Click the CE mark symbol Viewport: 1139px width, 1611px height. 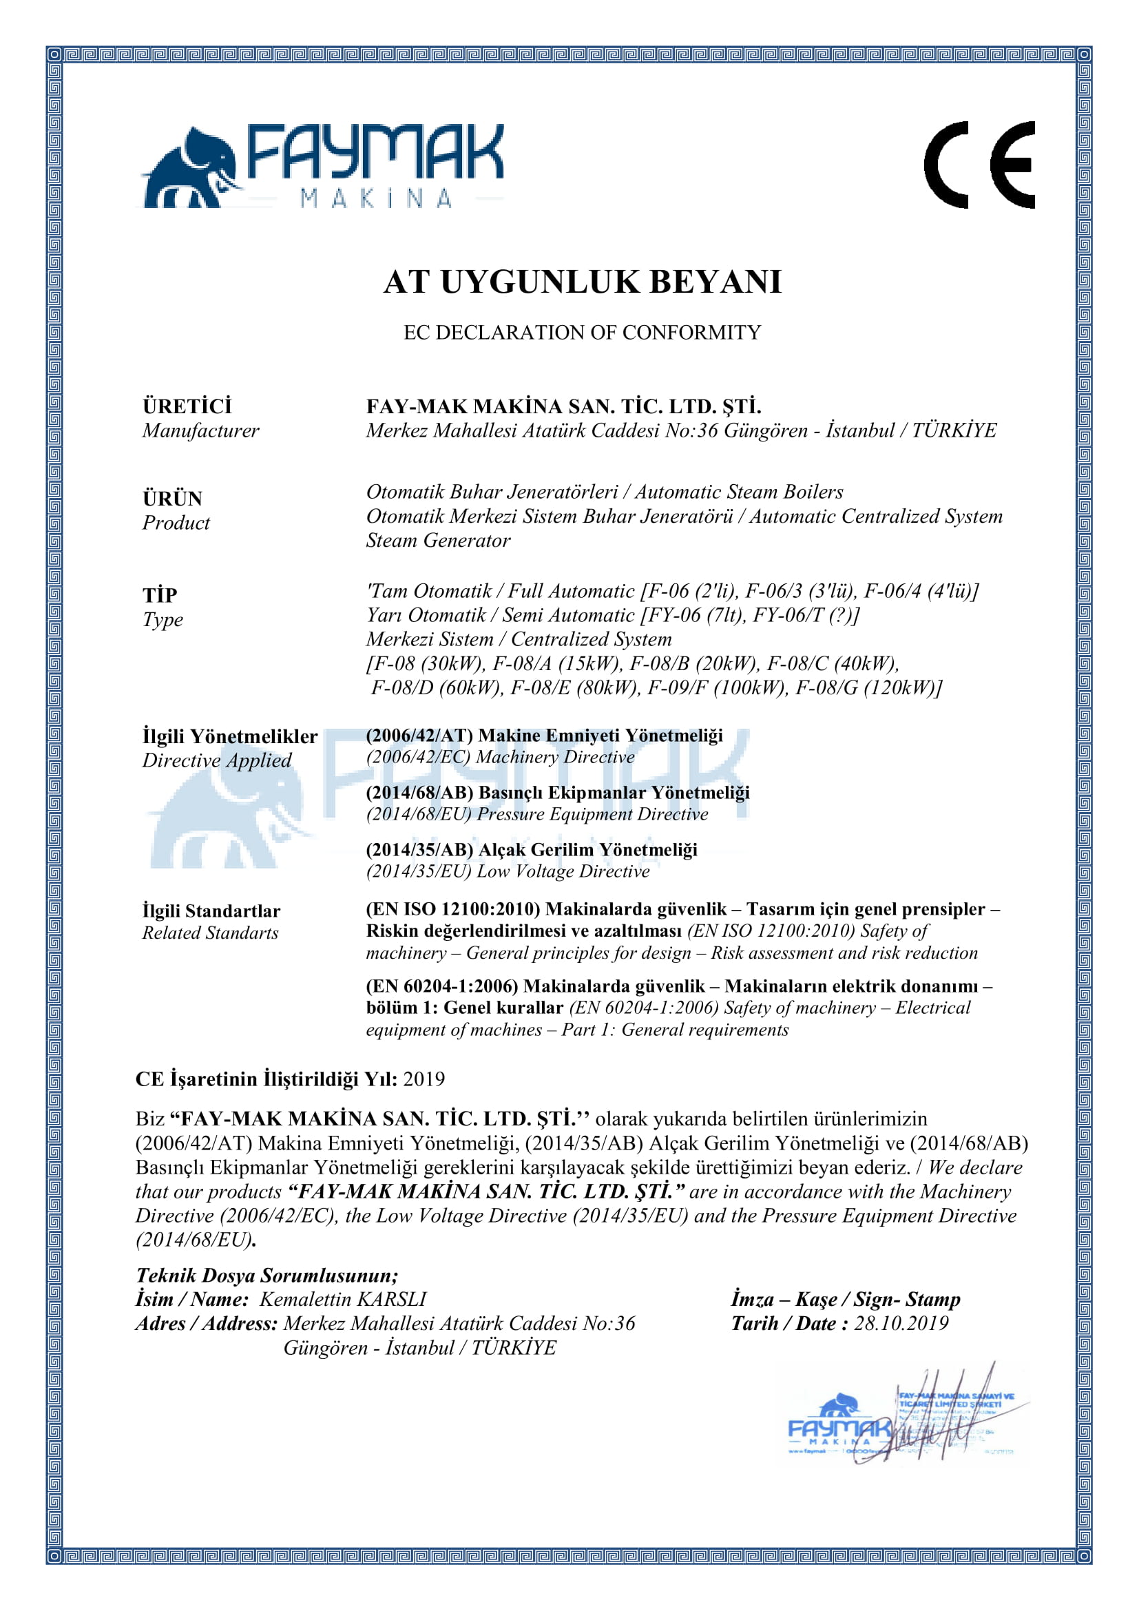tap(979, 165)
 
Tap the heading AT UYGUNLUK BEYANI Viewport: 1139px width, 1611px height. tap(581, 282)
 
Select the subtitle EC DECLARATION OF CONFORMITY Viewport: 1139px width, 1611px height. tap(581, 333)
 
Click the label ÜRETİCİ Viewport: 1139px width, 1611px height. tap(187, 406)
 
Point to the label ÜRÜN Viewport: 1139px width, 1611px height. tap(173, 499)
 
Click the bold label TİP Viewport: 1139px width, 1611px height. tap(160, 595)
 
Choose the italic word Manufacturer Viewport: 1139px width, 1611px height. tap(200, 430)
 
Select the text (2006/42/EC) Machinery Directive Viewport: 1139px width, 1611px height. tap(500, 757)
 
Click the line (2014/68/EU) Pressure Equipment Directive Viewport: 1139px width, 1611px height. tap(536, 814)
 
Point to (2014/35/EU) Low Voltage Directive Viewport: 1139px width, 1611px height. tap(508, 871)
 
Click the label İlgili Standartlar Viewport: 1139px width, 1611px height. tap(211, 911)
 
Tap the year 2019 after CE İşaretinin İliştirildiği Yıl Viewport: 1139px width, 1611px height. tap(424, 1079)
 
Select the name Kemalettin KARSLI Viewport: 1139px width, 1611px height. tap(343, 1300)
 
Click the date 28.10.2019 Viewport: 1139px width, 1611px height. tap(901, 1323)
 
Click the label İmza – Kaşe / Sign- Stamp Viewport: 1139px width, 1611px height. tap(845, 1300)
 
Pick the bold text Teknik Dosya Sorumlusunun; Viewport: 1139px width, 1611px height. tap(267, 1276)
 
